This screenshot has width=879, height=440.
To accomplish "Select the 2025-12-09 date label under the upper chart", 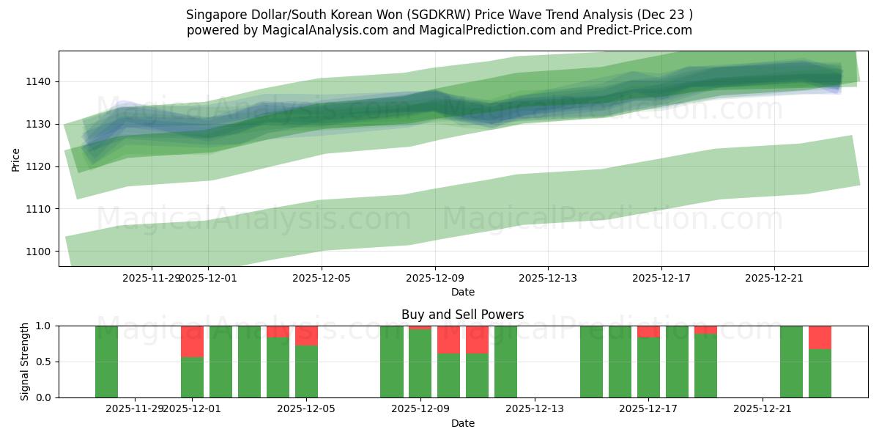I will click(x=435, y=278).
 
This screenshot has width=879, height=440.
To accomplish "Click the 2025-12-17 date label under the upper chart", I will click(x=661, y=278).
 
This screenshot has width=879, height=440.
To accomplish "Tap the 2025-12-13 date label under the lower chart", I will click(x=535, y=409).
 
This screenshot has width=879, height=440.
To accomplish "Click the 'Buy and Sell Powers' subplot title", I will click(x=462, y=315).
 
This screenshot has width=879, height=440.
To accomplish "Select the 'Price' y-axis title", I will click(x=16, y=158).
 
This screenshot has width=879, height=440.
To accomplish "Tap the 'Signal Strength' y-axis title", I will click(x=25, y=362).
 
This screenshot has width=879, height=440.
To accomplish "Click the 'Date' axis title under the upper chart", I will click(x=462, y=292).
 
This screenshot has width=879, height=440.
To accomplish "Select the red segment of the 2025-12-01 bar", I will click(x=192, y=341).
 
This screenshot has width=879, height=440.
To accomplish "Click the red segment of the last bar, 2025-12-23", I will click(x=820, y=337).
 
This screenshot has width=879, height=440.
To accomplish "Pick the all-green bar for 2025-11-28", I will click(x=106, y=362).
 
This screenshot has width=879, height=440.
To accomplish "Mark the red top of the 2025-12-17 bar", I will click(x=648, y=331).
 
